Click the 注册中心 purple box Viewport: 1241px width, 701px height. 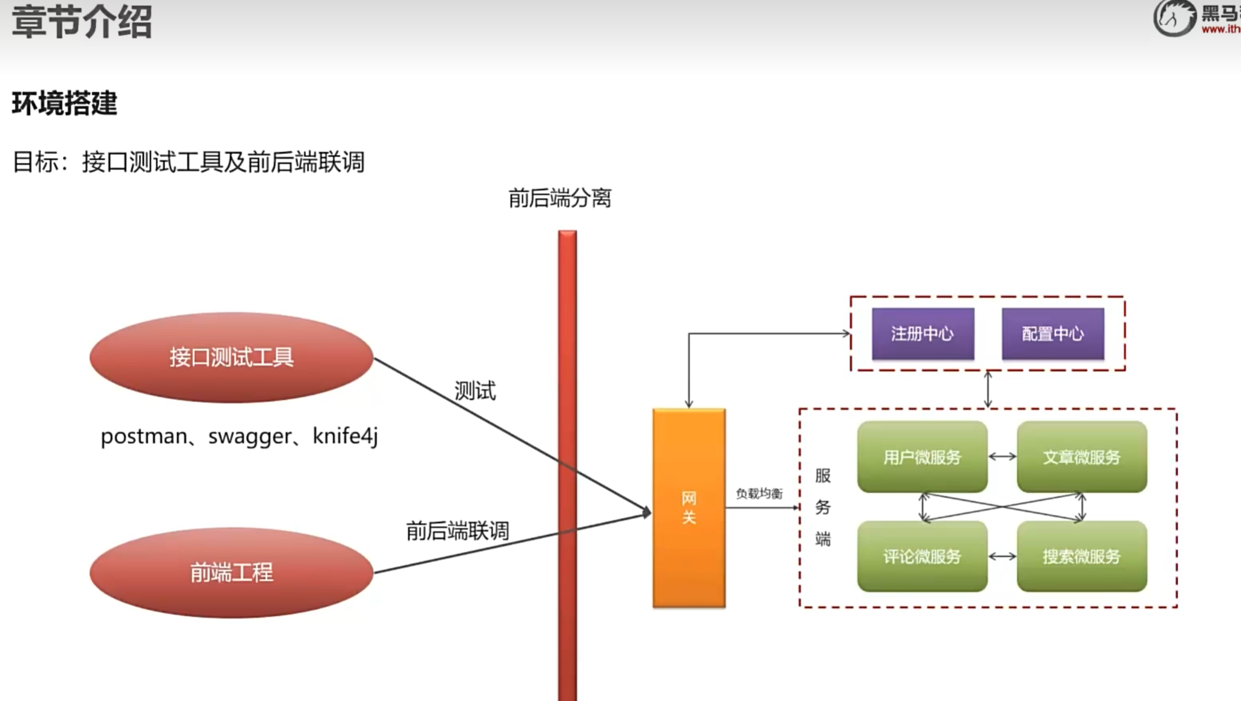click(x=923, y=334)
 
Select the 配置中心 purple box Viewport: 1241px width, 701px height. click(x=1053, y=334)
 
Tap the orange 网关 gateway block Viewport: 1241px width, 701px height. click(x=689, y=508)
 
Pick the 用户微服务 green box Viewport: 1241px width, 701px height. click(x=922, y=457)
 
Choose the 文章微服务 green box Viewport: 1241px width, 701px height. click(x=1081, y=457)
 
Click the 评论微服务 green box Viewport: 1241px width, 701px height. click(x=922, y=556)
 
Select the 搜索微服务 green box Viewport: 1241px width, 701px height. click(x=1081, y=556)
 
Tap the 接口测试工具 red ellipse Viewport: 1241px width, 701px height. click(x=231, y=357)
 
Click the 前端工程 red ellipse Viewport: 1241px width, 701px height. click(x=231, y=573)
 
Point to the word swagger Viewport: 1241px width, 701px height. click(x=250, y=437)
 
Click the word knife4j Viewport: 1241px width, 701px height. click(x=345, y=437)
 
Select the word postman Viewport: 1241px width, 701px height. click(x=143, y=437)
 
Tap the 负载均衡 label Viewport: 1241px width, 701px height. click(x=759, y=494)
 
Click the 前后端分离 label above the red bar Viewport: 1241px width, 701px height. click(x=560, y=198)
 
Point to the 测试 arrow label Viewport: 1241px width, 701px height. click(x=475, y=391)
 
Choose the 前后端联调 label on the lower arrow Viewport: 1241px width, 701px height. click(x=457, y=531)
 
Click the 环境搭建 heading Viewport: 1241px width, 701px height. click(x=65, y=104)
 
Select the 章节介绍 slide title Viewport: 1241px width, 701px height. click(x=82, y=22)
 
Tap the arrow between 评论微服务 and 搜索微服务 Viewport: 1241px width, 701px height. click(x=1002, y=556)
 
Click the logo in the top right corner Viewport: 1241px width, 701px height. click(x=1174, y=18)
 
